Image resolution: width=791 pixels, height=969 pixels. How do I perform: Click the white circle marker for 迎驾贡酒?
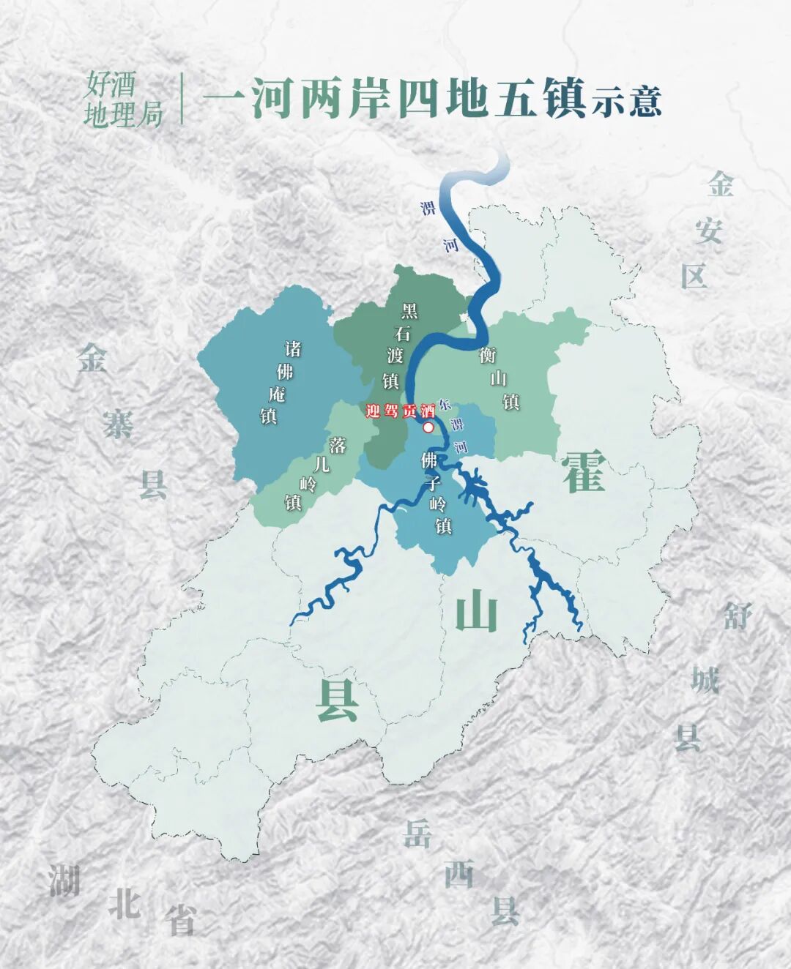point(428,428)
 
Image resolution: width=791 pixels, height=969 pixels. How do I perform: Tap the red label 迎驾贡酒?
point(400,411)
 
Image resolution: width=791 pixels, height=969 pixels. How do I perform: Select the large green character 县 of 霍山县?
point(338,700)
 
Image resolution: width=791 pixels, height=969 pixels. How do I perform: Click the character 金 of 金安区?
point(719,183)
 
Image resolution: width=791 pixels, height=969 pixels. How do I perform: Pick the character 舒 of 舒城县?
point(737,616)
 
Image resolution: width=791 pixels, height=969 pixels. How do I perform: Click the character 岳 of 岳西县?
point(417,834)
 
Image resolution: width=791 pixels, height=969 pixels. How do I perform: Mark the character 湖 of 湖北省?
point(64,879)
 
